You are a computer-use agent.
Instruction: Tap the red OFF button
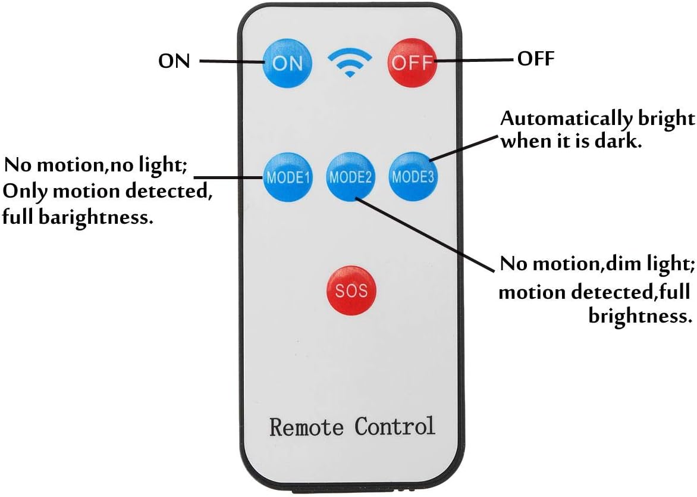412,62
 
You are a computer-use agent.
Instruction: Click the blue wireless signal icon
350,62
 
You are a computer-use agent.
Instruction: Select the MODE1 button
288,177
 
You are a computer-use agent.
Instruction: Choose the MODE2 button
351,177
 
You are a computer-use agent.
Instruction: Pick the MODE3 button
413,177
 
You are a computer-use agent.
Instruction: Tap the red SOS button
351,290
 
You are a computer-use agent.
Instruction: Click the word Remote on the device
306,427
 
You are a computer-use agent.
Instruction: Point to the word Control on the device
395,426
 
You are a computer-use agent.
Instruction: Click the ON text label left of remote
174,61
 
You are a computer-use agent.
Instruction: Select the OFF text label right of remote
536,58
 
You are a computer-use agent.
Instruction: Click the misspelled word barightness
96,217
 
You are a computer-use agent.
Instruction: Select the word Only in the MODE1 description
24,192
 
